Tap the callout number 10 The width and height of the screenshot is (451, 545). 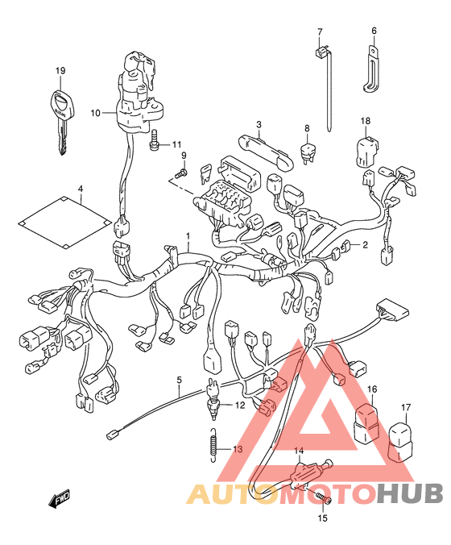[96, 113]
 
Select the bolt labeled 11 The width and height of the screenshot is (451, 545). [154, 140]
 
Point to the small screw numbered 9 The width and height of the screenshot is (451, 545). [181, 173]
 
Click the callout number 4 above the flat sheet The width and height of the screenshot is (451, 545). [81, 189]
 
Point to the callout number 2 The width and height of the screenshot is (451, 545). [365, 245]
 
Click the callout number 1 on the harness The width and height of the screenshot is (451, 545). [188, 236]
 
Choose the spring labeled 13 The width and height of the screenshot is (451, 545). [214, 445]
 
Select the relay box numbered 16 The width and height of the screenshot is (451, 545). [366, 422]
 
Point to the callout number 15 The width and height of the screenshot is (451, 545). [322, 518]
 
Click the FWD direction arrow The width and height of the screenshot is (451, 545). [59, 497]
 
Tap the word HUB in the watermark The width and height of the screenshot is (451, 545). [410, 493]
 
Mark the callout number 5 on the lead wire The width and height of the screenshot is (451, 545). [179, 380]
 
